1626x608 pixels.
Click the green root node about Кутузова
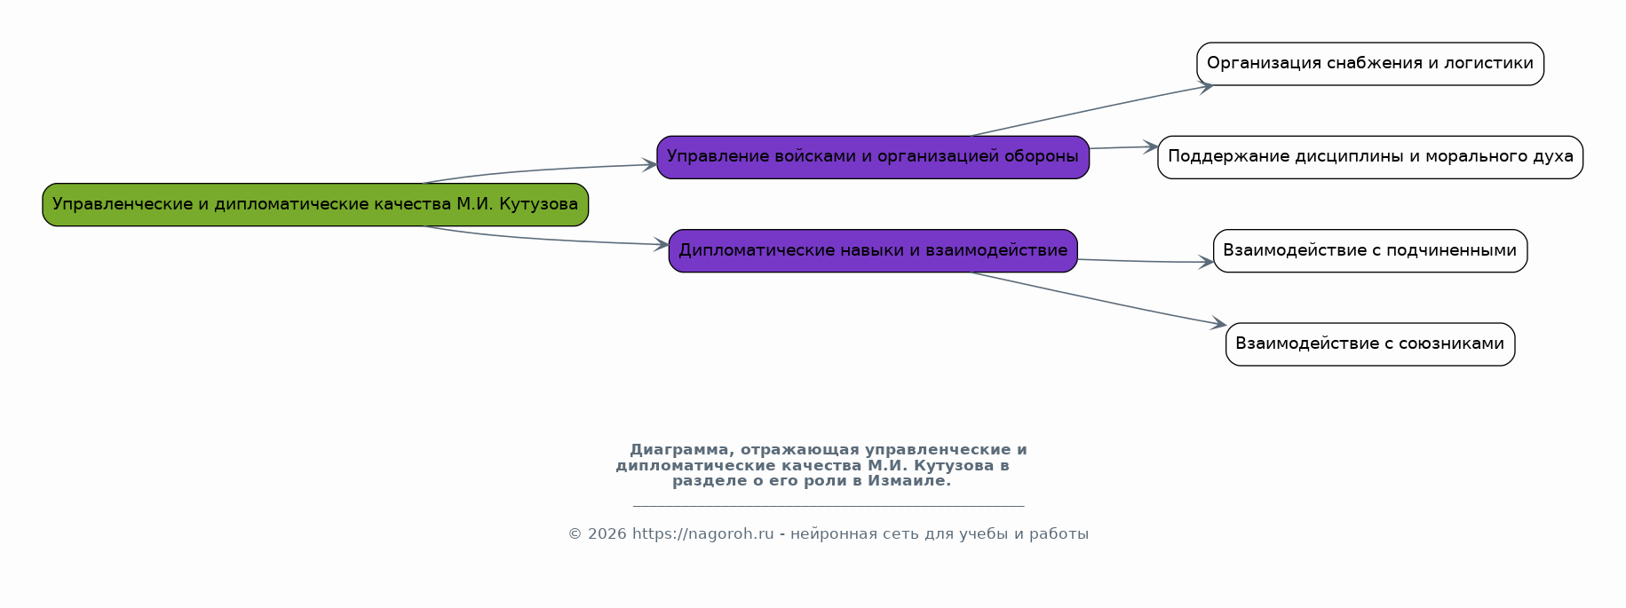315,205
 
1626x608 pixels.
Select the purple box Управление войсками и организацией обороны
873,157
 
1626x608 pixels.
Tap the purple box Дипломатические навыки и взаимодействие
873,251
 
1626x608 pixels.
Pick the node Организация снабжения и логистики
1370,64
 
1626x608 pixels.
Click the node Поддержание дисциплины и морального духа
1370,157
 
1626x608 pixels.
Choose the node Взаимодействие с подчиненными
1370,251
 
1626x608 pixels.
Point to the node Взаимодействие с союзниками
1370,344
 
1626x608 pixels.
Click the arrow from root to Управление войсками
540,170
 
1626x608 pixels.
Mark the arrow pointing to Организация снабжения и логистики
1092,110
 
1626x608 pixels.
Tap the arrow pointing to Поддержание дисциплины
1124,147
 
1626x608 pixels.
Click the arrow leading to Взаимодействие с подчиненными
1146,262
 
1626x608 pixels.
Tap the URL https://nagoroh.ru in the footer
703,534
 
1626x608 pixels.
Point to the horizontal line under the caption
829,506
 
